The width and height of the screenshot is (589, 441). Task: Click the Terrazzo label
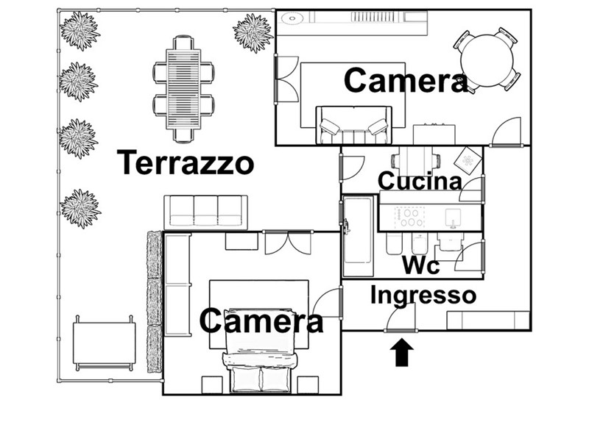click(x=186, y=162)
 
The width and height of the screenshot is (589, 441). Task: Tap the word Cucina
click(x=420, y=181)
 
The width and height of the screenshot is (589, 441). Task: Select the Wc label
click(x=420, y=265)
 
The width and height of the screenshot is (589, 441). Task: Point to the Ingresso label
click(x=423, y=295)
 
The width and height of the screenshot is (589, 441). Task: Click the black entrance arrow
click(x=401, y=352)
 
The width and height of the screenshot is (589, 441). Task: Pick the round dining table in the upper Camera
click(x=487, y=60)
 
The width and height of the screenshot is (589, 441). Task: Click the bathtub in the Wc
click(x=357, y=235)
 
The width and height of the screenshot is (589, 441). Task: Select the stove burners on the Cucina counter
click(x=409, y=217)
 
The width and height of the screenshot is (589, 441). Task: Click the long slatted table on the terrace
click(x=183, y=89)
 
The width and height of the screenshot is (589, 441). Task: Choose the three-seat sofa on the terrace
click(x=205, y=212)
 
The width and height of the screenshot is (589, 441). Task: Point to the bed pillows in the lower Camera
click(x=261, y=379)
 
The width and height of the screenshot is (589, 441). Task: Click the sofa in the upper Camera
click(x=353, y=125)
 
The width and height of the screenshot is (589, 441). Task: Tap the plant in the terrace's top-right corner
click(x=253, y=32)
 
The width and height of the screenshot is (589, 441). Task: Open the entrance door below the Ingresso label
click(x=401, y=318)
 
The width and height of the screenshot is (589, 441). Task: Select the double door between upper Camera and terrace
click(x=286, y=79)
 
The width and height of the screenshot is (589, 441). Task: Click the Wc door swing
click(x=468, y=256)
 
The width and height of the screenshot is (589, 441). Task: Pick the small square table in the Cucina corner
click(x=468, y=160)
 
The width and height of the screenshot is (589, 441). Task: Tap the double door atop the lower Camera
click(x=289, y=243)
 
